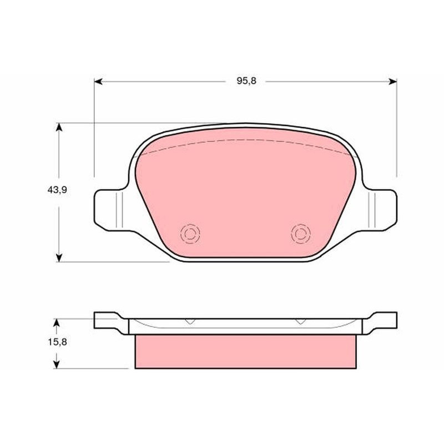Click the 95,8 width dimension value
coord(246,81)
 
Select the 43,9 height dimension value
coord(57,190)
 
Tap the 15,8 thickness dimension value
coord(57,342)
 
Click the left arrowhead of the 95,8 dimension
coord(98,82)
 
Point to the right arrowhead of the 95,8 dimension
coord(393,82)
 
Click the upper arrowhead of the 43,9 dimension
coord(59,127)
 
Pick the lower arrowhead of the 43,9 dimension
coord(59,258)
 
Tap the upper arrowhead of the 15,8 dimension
coord(57,322)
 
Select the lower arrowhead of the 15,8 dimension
coord(57,365)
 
